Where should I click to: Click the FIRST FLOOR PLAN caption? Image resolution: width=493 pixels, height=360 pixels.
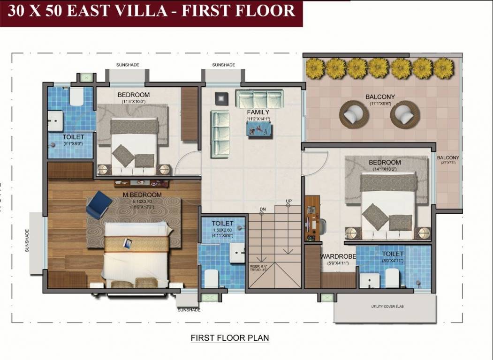tap(229, 337)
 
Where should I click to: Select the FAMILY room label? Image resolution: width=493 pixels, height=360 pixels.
tap(258, 112)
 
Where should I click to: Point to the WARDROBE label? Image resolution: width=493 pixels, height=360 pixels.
tap(338, 256)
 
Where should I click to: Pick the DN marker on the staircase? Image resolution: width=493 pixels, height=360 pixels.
tap(262, 209)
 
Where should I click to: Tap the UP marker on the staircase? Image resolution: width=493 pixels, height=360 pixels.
tap(289, 201)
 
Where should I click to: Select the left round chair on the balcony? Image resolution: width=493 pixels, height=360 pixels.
tap(354, 114)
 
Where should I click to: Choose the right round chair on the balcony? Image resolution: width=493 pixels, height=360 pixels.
tap(405, 114)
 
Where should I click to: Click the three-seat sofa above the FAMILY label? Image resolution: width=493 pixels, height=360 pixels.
tap(259, 99)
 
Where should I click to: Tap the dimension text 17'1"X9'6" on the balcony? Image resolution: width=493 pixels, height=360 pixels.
tap(380, 104)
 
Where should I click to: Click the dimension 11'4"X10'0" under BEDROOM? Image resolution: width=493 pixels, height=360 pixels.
tap(134, 101)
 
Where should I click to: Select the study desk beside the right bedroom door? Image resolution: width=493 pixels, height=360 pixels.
tap(312, 218)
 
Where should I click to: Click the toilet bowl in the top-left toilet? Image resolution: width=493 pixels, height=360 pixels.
tap(76, 97)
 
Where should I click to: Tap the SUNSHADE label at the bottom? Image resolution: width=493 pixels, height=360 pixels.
tap(189, 310)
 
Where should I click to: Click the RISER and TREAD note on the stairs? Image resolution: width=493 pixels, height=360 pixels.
tap(258, 268)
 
